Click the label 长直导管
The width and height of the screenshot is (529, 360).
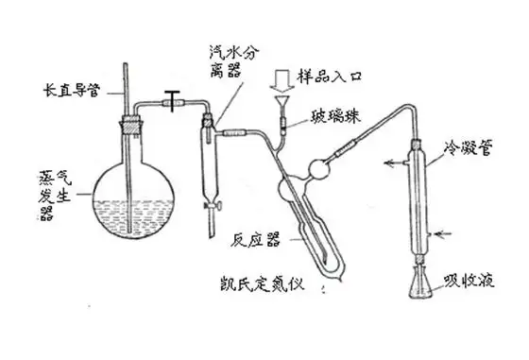(72, 91)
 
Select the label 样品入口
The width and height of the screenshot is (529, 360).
(330, 77)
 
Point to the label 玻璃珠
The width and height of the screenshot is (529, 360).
(336, 117)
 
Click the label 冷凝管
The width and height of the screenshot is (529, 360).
(468, 147)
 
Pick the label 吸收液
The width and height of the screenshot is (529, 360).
(469, 281)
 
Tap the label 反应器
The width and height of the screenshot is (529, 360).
(255, 240)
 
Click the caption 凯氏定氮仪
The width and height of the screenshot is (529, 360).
(262, 284)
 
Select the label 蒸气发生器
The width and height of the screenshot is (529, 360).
(55, 196)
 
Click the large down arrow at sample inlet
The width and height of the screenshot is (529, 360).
(282, 81)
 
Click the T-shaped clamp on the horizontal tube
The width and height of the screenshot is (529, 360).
(172, 100)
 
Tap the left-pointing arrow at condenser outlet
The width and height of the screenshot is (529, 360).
(395, 163)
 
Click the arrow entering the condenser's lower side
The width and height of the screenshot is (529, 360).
(442, 233)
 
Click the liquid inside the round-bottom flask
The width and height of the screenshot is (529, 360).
(133, 218)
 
